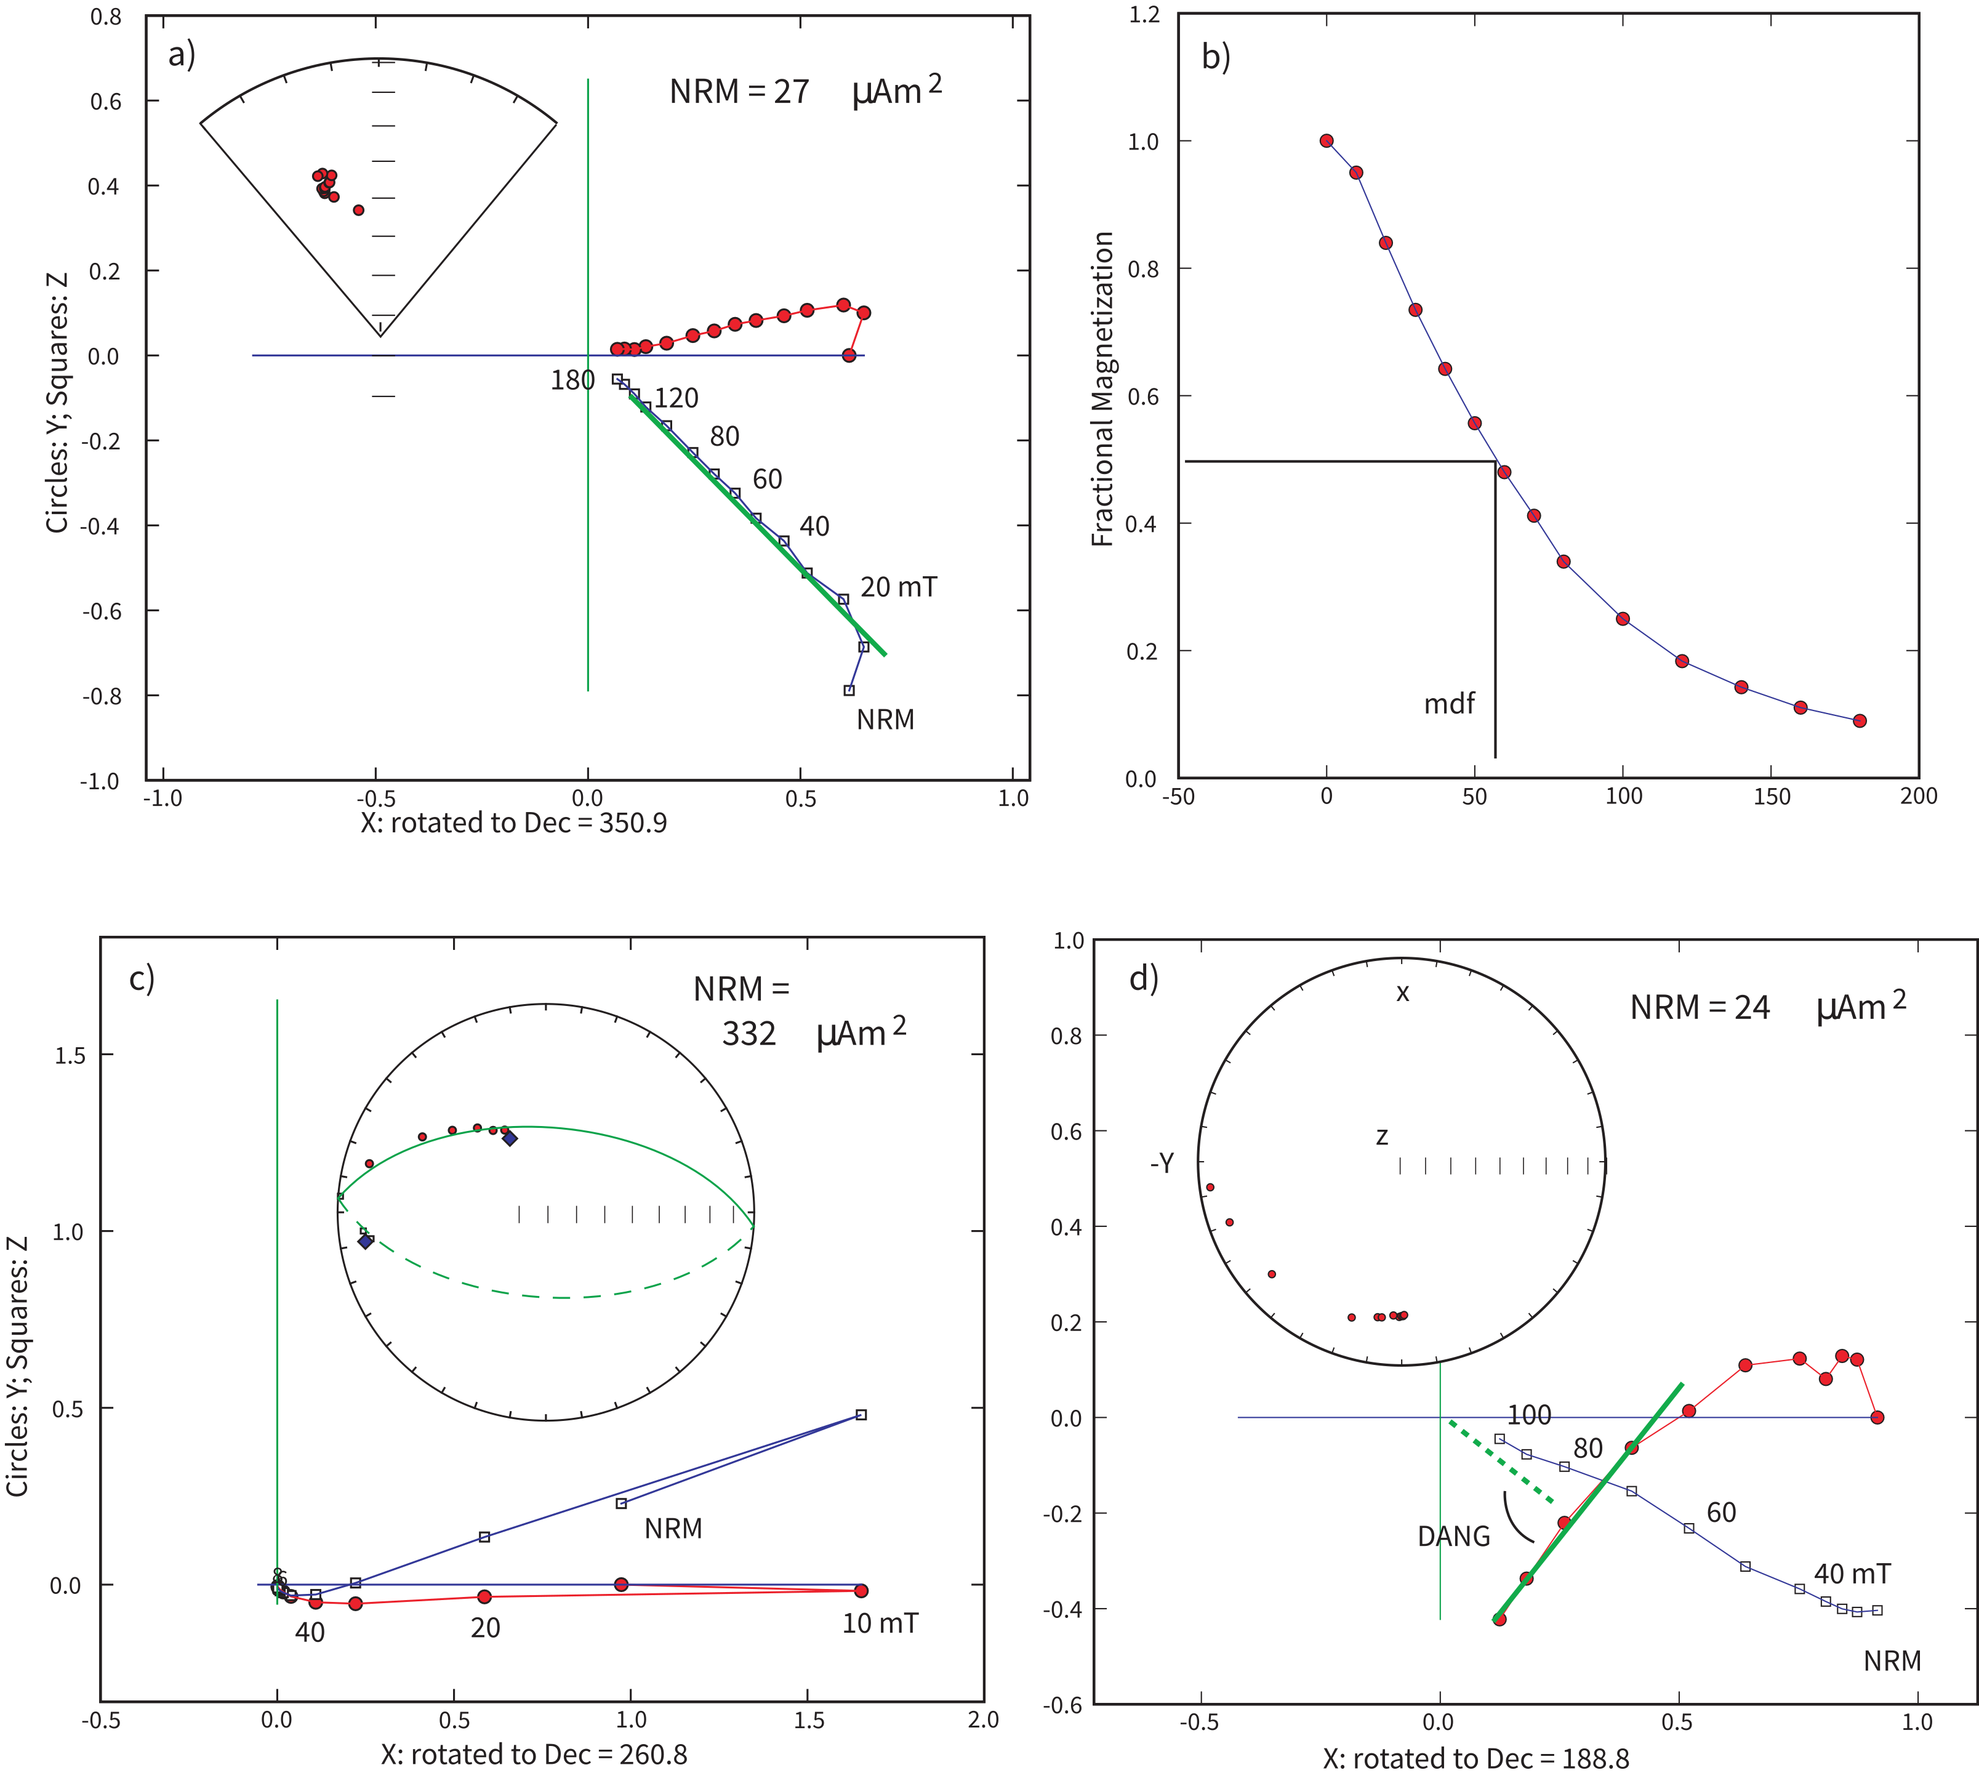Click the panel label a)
(182, 55)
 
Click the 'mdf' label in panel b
(1448, 704)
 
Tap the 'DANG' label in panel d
(1453, 1537)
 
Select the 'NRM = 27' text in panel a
(739, 92)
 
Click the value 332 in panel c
(749, 1034)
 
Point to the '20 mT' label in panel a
(897, 587)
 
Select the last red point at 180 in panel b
(1860, 721)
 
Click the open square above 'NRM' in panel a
(849, 691)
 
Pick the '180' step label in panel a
(572, 380)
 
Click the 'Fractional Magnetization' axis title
(1103, 389)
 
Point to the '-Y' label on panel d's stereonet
(1162, 1162)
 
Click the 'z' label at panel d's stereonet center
(1381, 1136)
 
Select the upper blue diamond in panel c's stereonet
(509, 1138)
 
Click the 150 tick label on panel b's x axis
(1771, 796)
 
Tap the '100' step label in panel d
(1528, 1415)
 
